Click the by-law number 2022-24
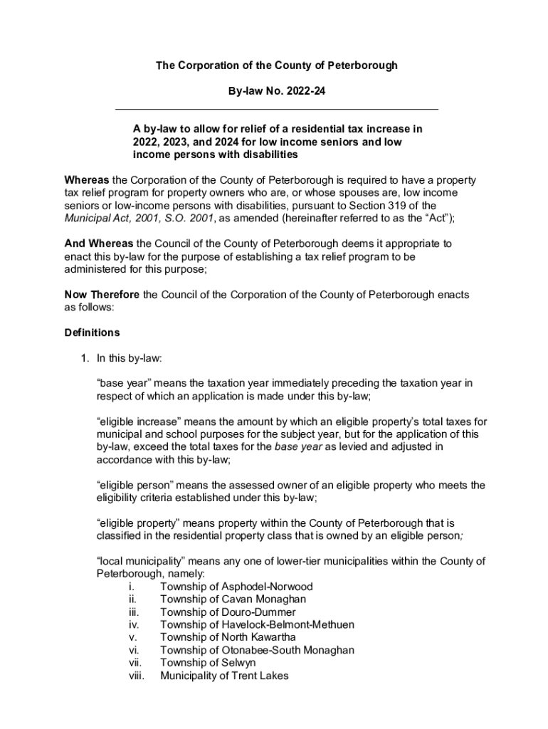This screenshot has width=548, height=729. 305,91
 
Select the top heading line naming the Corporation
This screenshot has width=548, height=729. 277,65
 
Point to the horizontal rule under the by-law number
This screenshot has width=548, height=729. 277,109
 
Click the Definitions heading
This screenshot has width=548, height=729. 92,332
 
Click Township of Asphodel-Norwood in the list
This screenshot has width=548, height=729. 236,587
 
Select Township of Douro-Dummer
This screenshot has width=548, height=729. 228,612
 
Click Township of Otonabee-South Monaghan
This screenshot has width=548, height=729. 257,651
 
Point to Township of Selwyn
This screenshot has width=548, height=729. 210,663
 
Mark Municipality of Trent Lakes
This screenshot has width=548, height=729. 224,676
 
